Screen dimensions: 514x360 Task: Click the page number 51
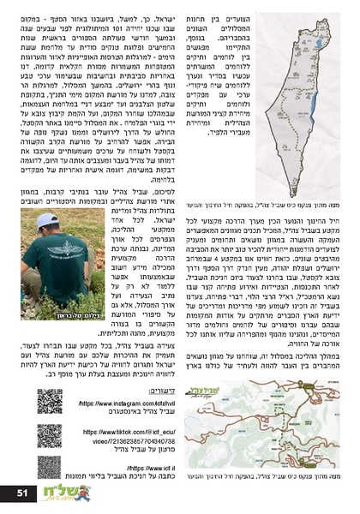[21, 493]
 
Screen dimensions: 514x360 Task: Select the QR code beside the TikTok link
[49, 437]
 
